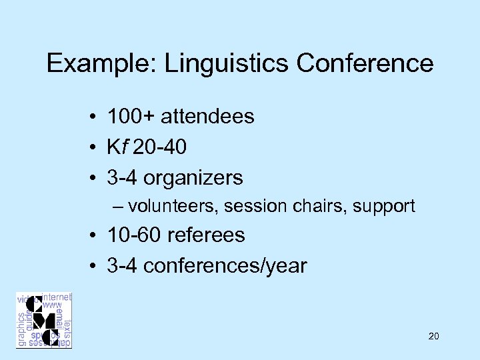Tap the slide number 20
tap(433, 337)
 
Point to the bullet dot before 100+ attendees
tap(97, 117)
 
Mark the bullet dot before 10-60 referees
tap(97, 236)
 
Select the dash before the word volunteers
tap(118, 207)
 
